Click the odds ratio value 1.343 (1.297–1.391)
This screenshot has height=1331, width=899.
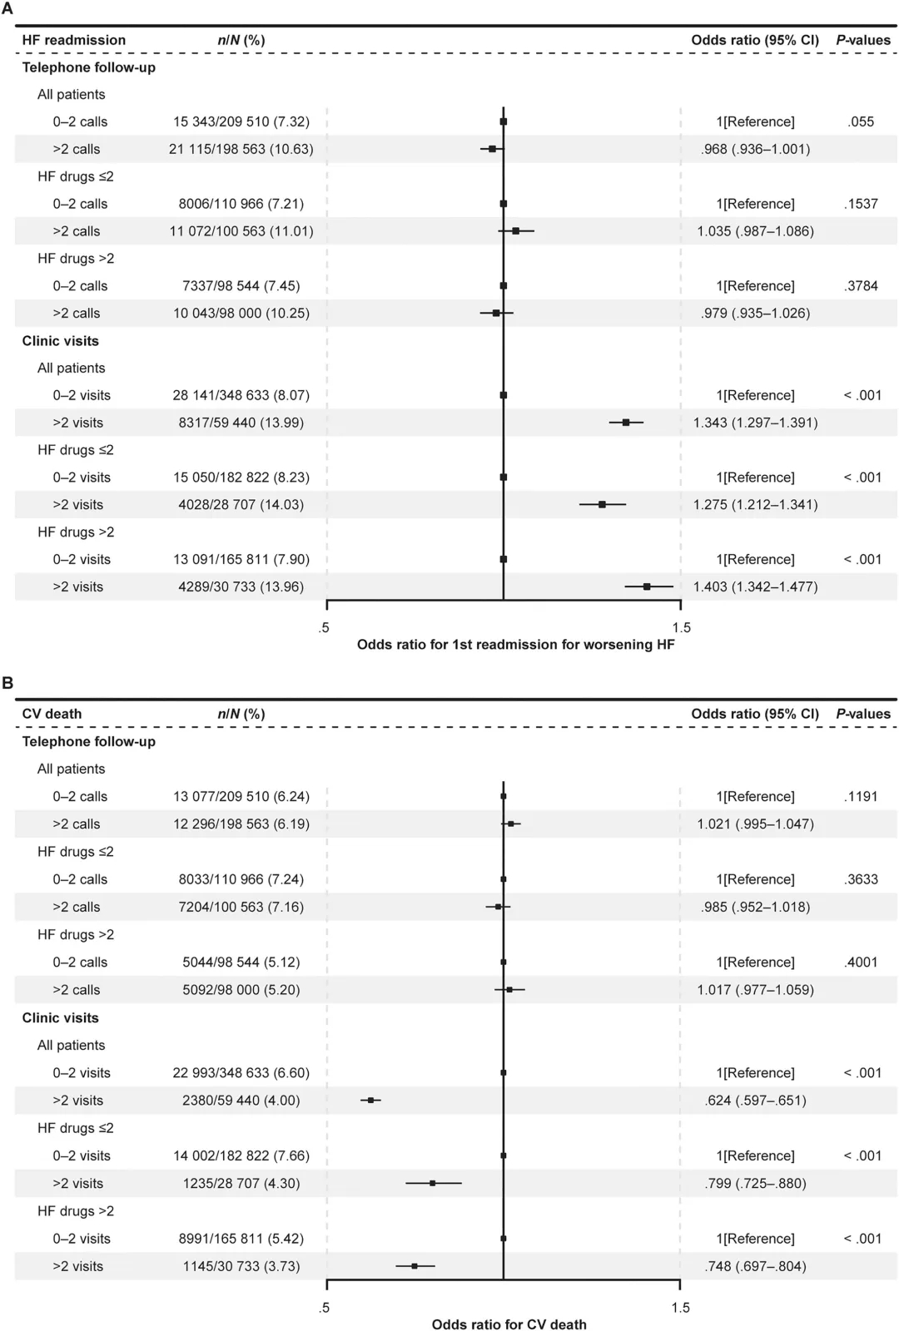(x=755, y=423)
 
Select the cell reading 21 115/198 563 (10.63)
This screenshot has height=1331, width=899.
(x=241, y=149)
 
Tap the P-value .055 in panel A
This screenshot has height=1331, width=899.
(x=861, y=121)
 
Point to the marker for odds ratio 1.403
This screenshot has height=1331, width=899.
(x=647, y=586)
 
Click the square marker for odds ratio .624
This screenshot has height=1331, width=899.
(x=371, y=1100)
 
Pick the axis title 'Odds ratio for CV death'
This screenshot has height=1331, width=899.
(x=509, y=1324)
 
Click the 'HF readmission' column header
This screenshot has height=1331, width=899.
(x=74, y=40)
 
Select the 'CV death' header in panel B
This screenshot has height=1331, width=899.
(x=52, y=714)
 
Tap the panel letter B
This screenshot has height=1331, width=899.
(x=7, y=683)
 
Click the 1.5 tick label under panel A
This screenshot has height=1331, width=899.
(x=681, y=627)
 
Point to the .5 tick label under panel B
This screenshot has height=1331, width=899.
(x=324, y=1307)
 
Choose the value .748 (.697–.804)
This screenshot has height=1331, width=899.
(x=755, y=1266)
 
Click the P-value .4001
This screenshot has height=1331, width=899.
(x=861, y=962)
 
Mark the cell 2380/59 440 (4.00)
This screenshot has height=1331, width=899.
(x=241, y=1100)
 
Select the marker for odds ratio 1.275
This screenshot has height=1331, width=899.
(x=602, y=504)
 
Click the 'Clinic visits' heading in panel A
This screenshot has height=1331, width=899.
(x=60, y=341)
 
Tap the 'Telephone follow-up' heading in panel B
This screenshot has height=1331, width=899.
(x=88, y=741)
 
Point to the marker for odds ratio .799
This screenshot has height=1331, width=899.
(x=432, y=1183)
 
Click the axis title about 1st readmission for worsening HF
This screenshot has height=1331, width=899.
(x=515, y=645)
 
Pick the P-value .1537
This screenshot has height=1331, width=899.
(x=861, y=204)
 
